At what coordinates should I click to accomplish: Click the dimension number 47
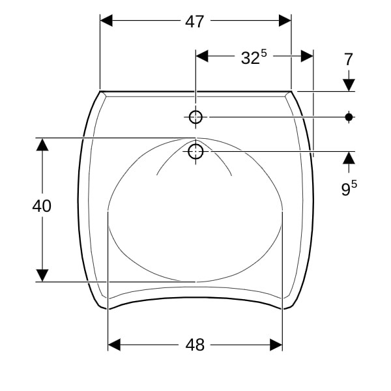(x=194, y=22)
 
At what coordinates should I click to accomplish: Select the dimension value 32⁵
(x=254, y=57)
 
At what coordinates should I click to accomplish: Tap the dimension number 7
(x=349, y=59)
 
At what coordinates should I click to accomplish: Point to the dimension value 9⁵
(x=349, y=188)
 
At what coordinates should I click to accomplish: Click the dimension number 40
(x=42, y=206)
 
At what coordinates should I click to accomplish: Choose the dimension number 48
(x=195, y=345)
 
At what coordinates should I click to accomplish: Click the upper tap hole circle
(x=195, y=117)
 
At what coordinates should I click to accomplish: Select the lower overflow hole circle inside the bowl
(x=195, y=151)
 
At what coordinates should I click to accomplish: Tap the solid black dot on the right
(x=349, y=117)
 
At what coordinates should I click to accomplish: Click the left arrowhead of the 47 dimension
(x=106, y=21)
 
